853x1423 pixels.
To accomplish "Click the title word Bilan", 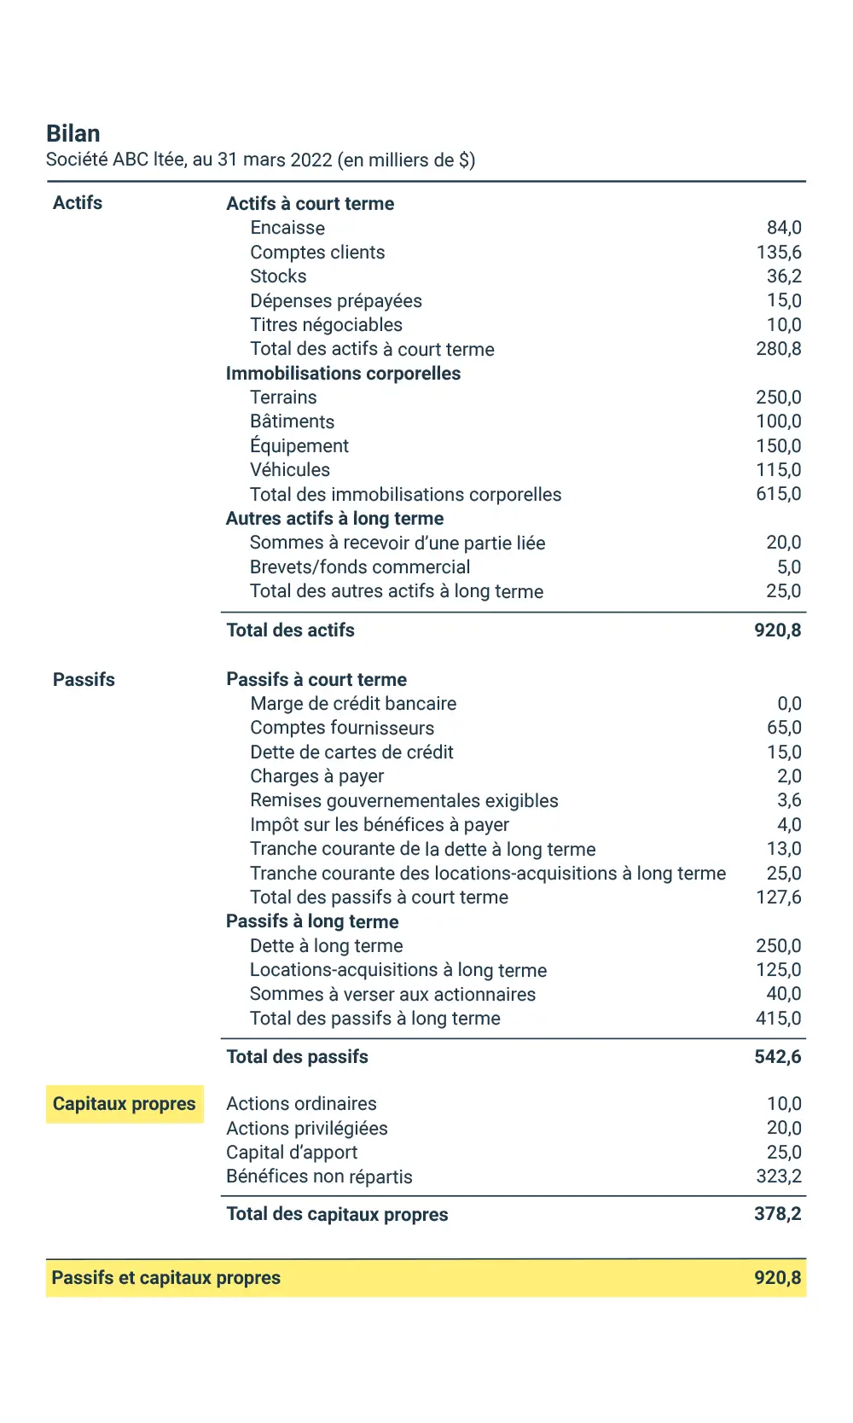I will [x=73, y=134].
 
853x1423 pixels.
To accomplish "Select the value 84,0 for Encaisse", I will [x=784, y=228].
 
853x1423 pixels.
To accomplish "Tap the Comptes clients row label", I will [x=317, y=253].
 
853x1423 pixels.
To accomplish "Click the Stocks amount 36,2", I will [x=784, y=276].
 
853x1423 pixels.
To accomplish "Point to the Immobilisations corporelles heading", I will [x=343, y=374].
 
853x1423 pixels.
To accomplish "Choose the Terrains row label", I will [x=283, y=398].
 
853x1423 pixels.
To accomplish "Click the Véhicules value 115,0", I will [x=778, y=470].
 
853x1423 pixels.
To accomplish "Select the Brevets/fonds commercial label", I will [x=360, y=567].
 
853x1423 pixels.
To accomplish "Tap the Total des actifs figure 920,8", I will [x=777, y=630].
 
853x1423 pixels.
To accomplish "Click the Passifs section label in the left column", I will [x=84, y=680].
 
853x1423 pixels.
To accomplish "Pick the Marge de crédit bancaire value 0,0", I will [x=789, y=704].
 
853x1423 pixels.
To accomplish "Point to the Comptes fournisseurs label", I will [x=342, y=728].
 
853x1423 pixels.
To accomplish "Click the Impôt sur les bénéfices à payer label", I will [x=380, y=825].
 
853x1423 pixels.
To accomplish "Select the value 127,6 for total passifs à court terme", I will [x=778, y=897].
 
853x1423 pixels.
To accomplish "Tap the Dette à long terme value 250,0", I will [x=778, y=946].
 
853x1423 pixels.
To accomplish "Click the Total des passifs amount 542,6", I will [x=777, y=1057].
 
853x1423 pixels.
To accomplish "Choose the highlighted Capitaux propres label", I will [x=125, y=1104].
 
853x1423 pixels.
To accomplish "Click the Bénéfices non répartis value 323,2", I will [x=778, y=1176].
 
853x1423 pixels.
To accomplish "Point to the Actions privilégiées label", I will [x=307, y=1129].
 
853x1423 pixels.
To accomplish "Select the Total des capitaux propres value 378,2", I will [x=777, y=1214].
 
